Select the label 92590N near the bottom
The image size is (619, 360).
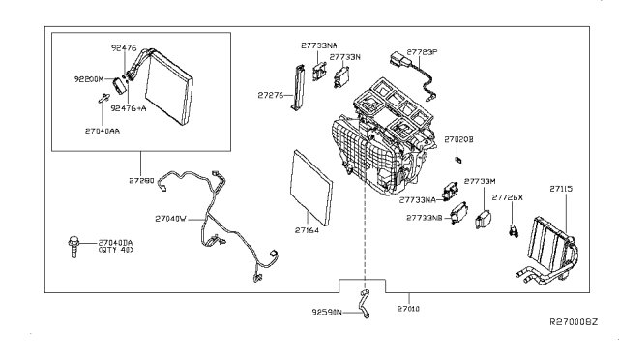329,311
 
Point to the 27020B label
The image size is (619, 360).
458,140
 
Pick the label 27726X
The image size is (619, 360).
507,196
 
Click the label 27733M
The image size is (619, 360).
480,181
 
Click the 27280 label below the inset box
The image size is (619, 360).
140,180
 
